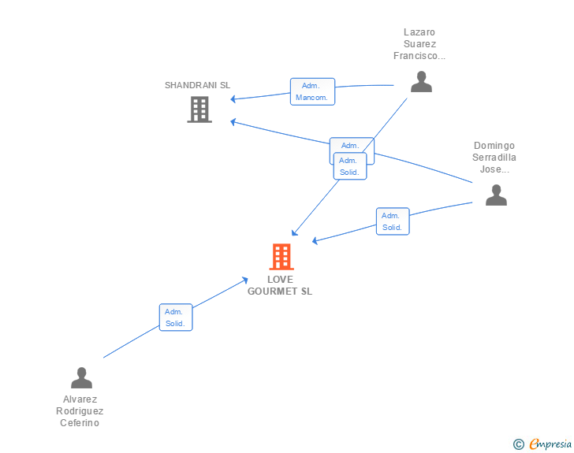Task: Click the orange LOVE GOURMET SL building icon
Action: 281,257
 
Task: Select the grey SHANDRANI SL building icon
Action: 199,110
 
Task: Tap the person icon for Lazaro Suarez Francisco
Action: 421,82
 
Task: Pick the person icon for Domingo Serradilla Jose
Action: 496,195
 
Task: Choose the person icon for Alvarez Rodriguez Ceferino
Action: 82,377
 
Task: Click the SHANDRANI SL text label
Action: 197,85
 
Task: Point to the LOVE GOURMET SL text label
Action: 280,285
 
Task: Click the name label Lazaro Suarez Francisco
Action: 419,44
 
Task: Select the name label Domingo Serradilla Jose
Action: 494,158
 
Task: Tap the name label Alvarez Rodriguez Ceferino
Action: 80,411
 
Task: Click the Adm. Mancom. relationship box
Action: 312,91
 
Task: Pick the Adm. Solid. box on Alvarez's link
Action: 176,317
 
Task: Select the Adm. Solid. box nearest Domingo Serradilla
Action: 393,221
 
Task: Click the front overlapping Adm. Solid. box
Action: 350,166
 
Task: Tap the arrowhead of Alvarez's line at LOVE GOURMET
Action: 245,280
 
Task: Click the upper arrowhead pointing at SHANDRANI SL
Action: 233,98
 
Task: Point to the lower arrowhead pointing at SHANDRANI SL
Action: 233,122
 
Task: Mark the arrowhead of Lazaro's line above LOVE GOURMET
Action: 295,232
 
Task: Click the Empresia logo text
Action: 550,444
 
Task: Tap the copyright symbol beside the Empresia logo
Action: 518,444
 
